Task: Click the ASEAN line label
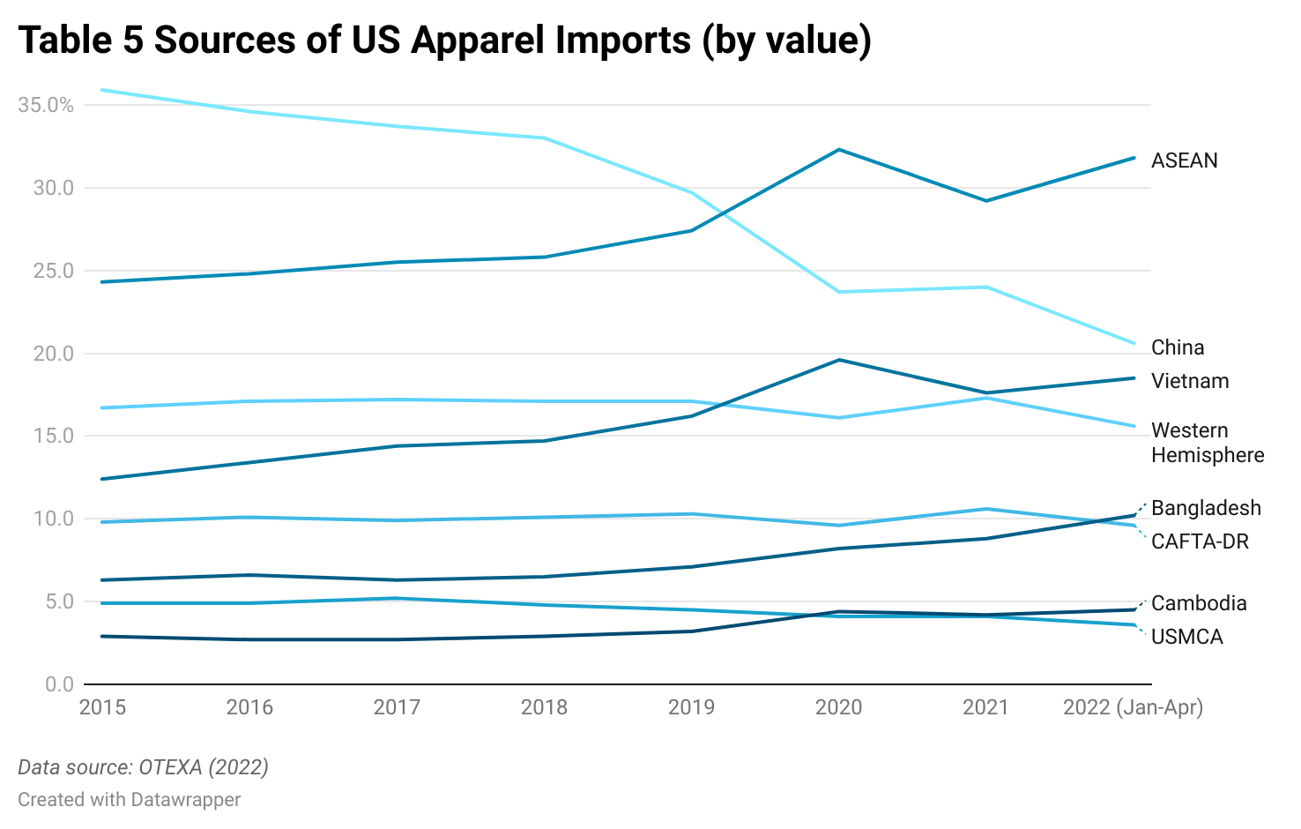click(1184, 161)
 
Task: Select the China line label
click(1177, 347)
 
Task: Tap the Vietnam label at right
click(1189, 381)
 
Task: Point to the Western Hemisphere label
click(1207, 443)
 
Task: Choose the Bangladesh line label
click(1205, 508)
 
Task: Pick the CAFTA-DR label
click(1200, 541)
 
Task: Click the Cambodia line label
click(1198, 603)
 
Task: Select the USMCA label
click(1186, 637)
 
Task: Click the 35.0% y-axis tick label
click(46, 105)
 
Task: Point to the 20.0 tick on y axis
click(54, 354)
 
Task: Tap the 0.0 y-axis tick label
click(59, 684)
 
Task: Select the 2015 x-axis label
click(102, 707)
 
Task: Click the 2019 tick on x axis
click(691, 707)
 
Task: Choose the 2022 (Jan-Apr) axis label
click(1133, 707)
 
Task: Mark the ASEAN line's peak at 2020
click(839, 150)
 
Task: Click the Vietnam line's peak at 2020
click(839, 360)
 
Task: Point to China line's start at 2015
click(102, 90)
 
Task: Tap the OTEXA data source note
click(143, 767)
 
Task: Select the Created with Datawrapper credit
click(129, 800)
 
